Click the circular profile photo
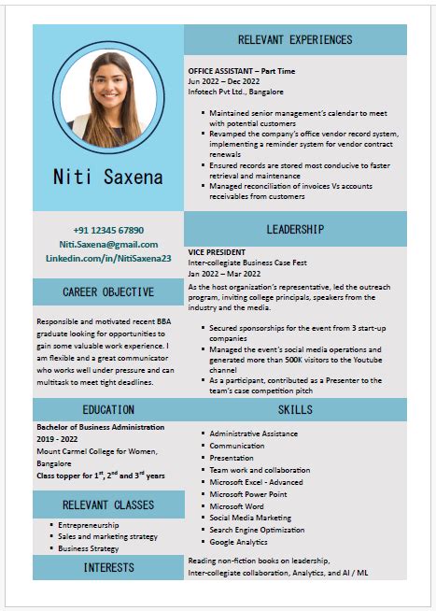[108, 98]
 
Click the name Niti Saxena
[108, 176]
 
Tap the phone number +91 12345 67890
[108, 230]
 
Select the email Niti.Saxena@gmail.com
[108, 244]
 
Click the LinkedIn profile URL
[108, 258]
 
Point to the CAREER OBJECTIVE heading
[108, 291]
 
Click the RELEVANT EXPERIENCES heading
[295, 39]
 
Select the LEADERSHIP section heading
[295, 229]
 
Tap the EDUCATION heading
[108, 409]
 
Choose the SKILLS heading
[295, 409]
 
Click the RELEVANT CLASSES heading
[108, 505]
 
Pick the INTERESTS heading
[108, 567]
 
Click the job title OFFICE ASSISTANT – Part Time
[241, 71]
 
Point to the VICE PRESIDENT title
[218, 252]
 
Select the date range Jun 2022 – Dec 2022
[224, 81]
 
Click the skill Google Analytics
[240, 542]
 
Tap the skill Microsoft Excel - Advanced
[256, 482]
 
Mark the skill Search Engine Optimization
[257, 530]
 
